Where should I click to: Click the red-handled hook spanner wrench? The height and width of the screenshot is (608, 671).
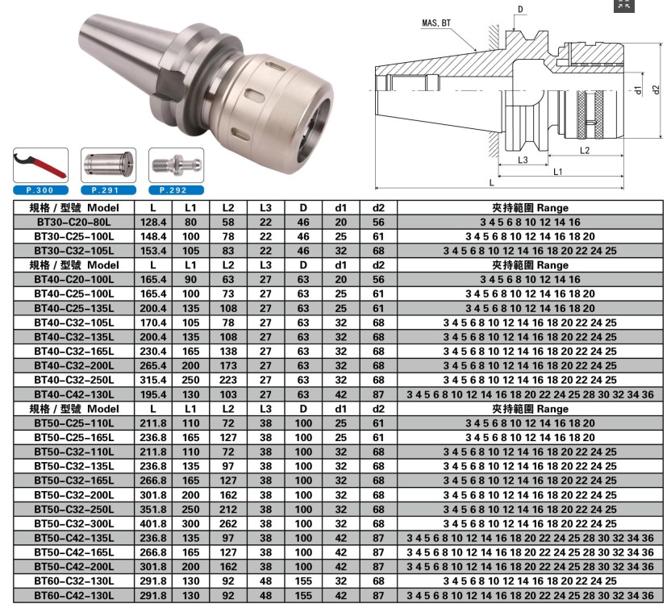40,164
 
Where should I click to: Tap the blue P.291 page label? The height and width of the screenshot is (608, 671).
108,190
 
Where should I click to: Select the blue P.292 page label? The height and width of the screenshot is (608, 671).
176,190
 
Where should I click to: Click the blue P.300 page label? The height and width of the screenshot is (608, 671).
40,190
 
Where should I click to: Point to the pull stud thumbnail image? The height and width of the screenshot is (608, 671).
177,164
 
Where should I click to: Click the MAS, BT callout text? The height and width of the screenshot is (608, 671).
436,23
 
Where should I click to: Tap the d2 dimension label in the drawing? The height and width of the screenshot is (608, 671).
656,90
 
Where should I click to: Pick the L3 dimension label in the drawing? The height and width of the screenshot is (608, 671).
523,160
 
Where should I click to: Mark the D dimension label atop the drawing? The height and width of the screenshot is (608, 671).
520,10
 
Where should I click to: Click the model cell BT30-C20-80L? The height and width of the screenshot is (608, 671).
74,222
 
